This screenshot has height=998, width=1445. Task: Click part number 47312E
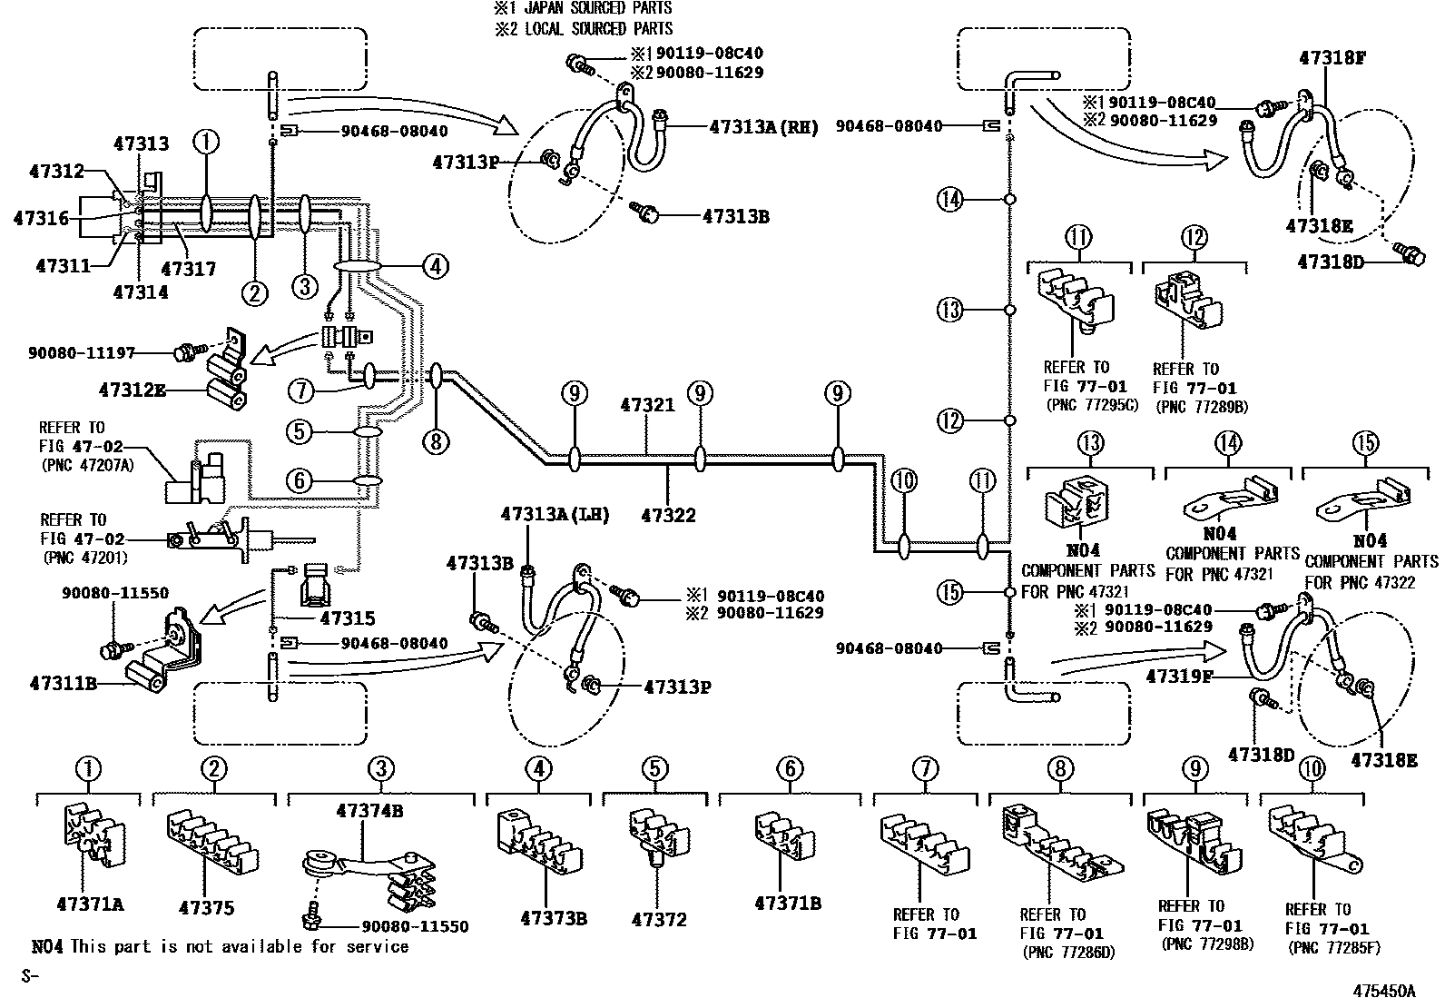[x=133, y=390]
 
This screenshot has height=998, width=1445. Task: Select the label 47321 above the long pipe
[x=647, y=405]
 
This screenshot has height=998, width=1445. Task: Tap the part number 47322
[x=668, y=515]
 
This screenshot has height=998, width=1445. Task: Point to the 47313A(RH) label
[x=763, y=127]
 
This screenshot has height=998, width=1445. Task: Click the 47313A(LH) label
[x=555, y=514]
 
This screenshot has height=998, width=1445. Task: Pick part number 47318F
[x=1332, y=57]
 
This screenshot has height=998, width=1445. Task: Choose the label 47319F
[x=1179, y=676]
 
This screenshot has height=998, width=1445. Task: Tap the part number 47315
[x=348, y=618]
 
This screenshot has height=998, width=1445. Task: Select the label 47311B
[x=64, y=683]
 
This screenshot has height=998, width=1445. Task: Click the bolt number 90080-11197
[x=82, y=353]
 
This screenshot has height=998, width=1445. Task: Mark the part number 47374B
[x=369, y=811]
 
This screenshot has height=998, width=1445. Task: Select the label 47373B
[x=554, y=918]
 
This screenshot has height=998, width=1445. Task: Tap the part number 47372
[x=659, y=919]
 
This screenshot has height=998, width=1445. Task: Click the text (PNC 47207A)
[x=87, y=465]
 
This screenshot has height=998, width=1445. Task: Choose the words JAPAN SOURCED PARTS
[x=598, y=8]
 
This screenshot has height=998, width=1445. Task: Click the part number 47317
[x=189, y=269]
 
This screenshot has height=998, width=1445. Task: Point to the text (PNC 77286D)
[x=1068, y=953]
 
